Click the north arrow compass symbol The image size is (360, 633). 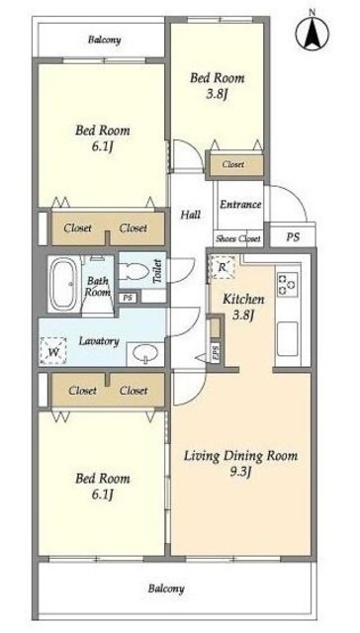(312, 33)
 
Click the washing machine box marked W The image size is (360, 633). (52, 351)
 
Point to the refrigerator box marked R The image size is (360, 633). (222, 267)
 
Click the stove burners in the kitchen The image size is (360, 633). (288, 284)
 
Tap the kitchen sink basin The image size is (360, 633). (288, 338)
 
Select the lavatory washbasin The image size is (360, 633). (144, 354)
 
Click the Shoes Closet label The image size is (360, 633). (238, 238)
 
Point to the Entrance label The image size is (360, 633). (240, 205)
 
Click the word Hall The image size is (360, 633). (190, 215)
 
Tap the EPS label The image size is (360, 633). (216, 353)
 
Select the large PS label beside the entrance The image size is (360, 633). (293, 237)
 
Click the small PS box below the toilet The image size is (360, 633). (128, 298)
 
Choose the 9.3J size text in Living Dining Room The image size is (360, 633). (240, 472)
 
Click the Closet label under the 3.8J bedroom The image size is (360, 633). (233, 165)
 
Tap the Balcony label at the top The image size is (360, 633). (105, 40)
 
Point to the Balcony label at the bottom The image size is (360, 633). (166, 588)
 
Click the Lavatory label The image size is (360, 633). (99, 341)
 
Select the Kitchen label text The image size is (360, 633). (243, 300)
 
